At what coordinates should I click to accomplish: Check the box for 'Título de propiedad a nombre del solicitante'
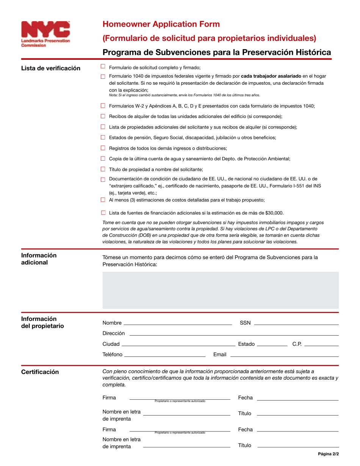(x=103, y=169)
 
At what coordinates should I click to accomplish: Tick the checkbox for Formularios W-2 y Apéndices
(x=103, y=106)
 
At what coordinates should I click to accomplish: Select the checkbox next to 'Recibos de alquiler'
(x=103, y=116)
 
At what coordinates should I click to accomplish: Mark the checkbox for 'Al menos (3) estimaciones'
(x=103, y=200)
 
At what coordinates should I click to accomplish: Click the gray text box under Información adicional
(x=221, y=290)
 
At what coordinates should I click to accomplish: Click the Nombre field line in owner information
(x=178, y=324)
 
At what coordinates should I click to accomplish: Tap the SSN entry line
(x=296, y=324)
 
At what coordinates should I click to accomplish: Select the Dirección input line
(x=234, y=335)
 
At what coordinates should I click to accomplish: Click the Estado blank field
(x=272, y=346)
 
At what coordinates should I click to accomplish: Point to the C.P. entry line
(x=321, y=346)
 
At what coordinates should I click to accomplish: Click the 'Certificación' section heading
(x=40, y=372)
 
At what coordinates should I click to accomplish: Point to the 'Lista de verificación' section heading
(x=50, y=68)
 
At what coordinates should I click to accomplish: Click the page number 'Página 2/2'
(x=328, y=453)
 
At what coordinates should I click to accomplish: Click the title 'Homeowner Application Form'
(x=161, y=24)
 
